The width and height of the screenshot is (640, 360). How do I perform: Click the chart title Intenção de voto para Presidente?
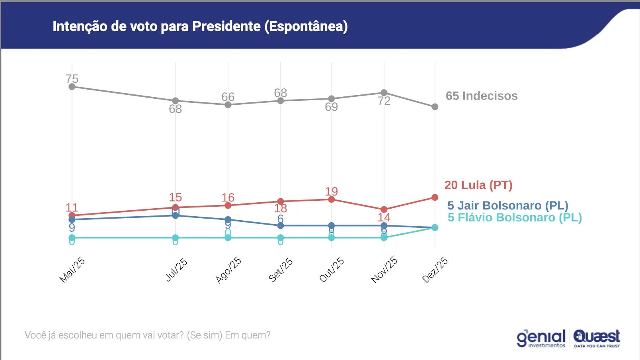tap(200, 26)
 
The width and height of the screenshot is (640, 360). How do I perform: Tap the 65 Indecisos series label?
tap(481, 96)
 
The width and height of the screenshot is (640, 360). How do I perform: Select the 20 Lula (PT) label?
tap(478, 185)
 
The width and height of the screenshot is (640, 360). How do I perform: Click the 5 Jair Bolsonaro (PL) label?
tap(507, 205)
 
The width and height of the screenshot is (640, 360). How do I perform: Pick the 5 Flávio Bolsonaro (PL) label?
tap(514, 217)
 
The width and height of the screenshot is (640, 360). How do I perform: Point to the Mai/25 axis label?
tap(72, 270)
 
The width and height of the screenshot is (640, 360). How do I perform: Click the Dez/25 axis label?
tap(435, 270)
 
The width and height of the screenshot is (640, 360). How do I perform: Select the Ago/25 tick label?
tap(228, 270)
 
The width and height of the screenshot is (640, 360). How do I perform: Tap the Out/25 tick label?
tap(332, 270)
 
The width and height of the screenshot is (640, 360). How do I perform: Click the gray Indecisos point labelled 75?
tap(72, 87)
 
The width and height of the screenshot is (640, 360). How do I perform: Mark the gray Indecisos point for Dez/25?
tap(435, 107)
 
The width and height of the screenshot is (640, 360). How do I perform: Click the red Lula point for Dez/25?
tap(435, 198)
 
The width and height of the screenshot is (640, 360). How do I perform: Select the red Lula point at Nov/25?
tap(384, 209)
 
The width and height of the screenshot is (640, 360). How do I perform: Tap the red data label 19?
tap(332, 192)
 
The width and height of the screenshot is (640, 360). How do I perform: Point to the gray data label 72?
tap(384, 101)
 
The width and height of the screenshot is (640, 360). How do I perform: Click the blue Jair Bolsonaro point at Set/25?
tap(281, 226)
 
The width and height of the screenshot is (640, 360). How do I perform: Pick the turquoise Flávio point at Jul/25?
tap(176, 238)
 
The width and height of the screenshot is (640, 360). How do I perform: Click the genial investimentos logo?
tap(541, 338)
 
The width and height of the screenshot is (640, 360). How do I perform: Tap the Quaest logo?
tap(597, 338)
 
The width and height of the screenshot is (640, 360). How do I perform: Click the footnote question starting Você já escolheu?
tap(147, 335)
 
